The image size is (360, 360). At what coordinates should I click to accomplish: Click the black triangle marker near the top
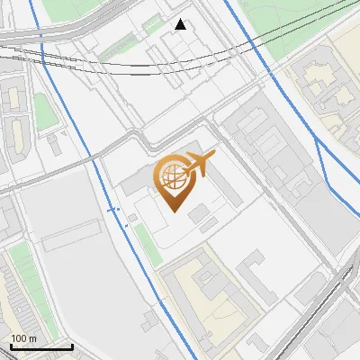pos(181,24)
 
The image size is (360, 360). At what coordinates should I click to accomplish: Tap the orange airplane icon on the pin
pos(200,164)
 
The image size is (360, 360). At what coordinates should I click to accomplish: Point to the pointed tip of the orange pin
pos(174,211)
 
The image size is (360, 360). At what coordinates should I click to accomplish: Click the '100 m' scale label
pos(23,338)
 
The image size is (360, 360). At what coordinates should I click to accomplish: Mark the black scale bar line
pos(41,346)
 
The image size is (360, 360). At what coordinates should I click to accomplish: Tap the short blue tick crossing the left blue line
pos(113,209)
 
